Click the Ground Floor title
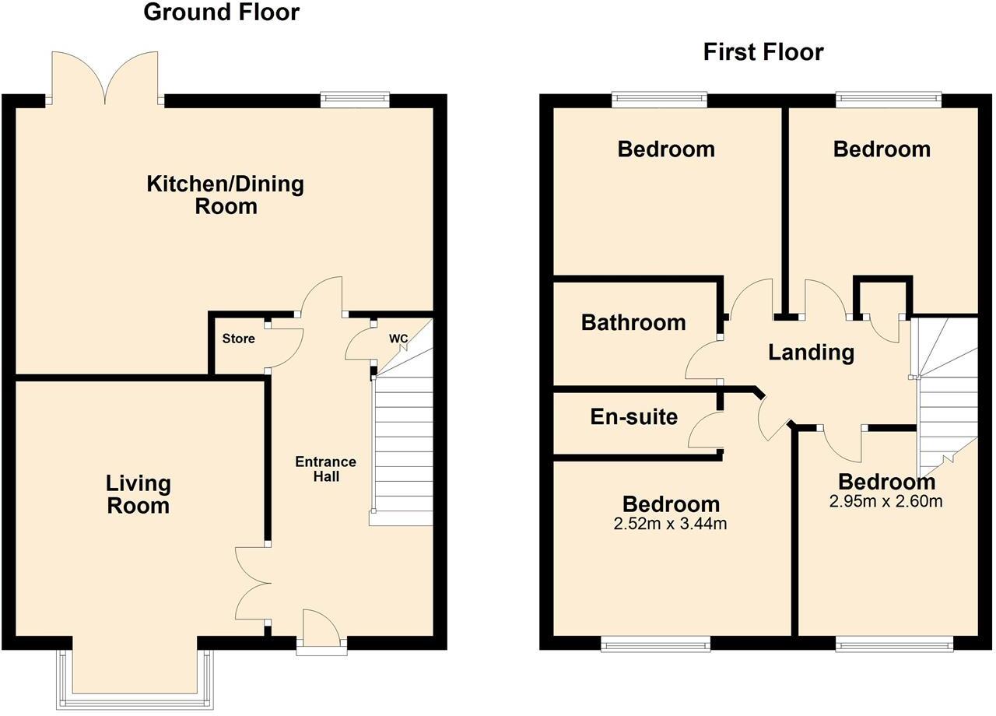[222, 12]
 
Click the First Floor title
[763, 52]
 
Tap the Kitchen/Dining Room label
[226, 195]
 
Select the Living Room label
[139, 494]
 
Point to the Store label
[238, 339]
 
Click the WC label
[398, 339]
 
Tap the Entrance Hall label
[325, 469]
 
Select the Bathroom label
[633, 322]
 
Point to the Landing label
[811, 353]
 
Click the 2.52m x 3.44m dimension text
[670, 524]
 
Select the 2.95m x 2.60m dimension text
[886, 501]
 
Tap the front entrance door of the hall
[321, 629]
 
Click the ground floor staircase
[403, 447]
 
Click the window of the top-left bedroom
[659, 99]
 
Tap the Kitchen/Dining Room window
[355, 99]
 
